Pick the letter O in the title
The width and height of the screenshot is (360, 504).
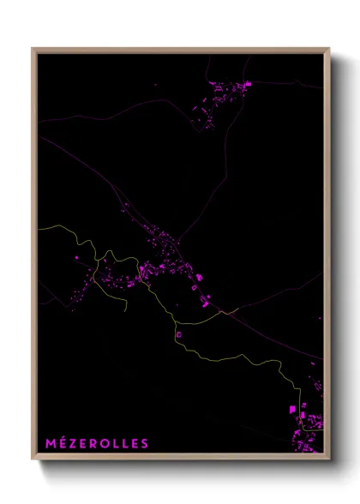[103, 443]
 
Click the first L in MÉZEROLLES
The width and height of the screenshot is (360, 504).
[114, 443]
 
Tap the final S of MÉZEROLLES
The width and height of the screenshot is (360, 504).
[144, 443]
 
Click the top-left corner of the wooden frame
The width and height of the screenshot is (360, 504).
[33, 48]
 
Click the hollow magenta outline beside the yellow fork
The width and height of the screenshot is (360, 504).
[179, 335]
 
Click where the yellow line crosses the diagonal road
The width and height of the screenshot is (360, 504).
[225, 313]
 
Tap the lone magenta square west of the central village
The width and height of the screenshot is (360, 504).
[77, 256]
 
